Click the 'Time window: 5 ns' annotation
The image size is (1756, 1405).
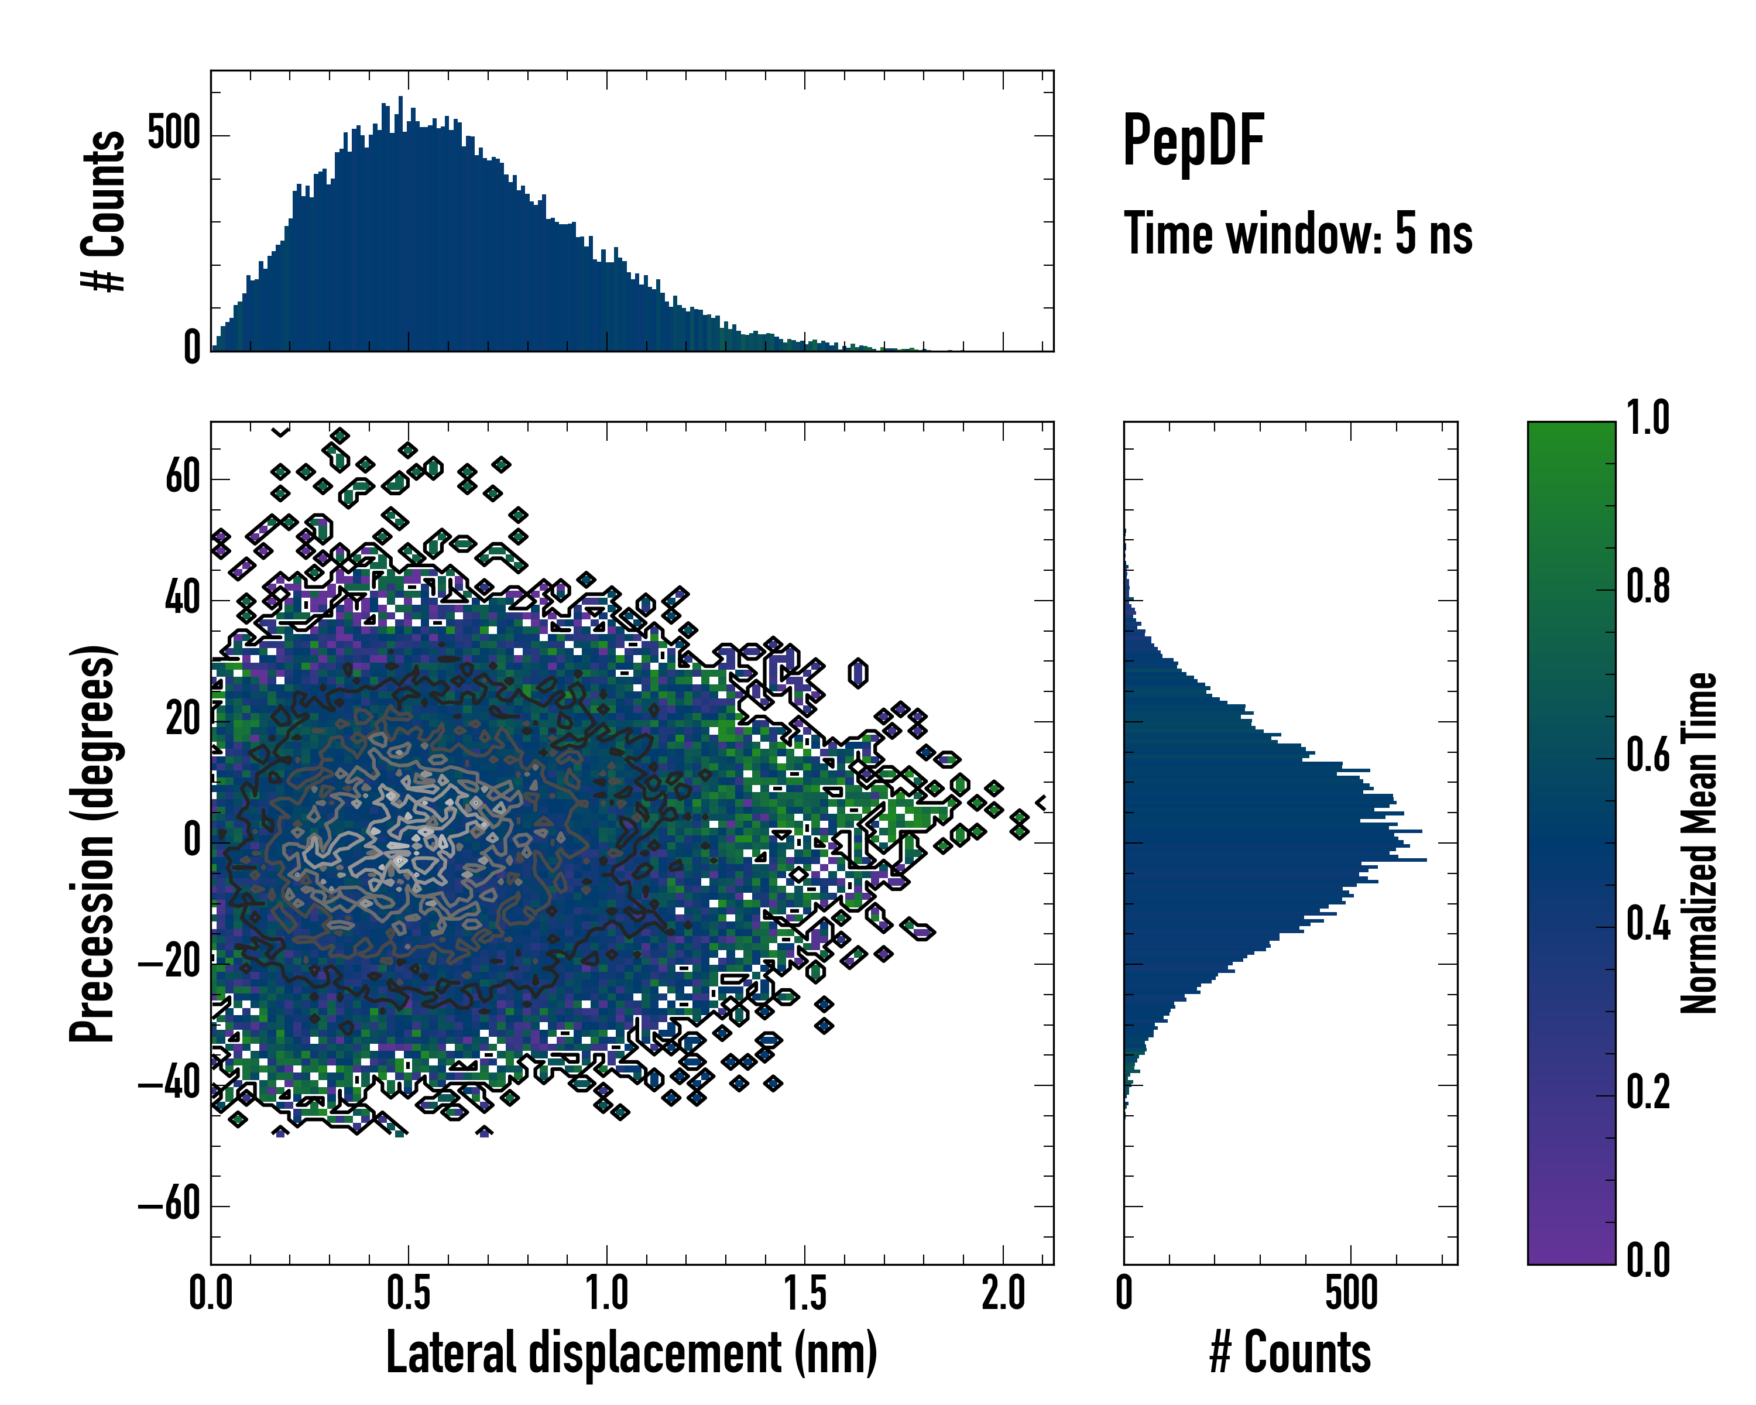1298,234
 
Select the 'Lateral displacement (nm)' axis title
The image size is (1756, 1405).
631,1353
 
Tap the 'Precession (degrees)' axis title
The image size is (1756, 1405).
91,843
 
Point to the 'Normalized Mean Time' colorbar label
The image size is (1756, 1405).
1699,843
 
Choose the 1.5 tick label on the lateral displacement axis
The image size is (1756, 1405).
805,1294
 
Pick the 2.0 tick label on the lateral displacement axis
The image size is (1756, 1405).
1003,1294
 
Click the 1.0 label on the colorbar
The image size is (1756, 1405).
1648,418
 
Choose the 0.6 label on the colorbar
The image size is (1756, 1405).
1648,755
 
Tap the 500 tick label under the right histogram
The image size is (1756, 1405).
1351,1294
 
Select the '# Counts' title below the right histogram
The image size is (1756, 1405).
1290,1353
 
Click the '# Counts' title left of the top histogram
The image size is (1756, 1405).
104,210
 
